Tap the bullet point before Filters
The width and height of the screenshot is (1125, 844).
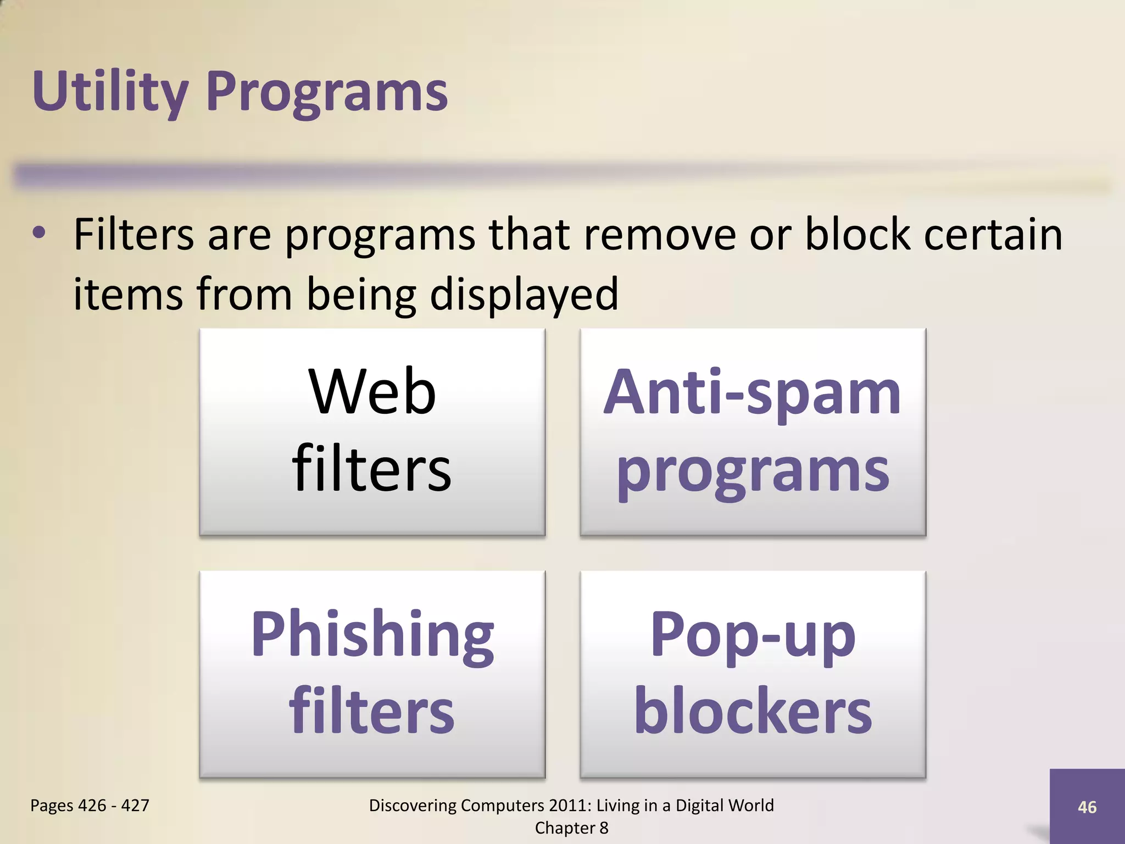39,234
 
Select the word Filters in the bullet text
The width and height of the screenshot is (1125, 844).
133,235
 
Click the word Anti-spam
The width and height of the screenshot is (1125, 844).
752,392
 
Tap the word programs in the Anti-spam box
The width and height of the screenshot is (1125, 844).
752,473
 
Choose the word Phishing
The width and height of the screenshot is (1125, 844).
372,636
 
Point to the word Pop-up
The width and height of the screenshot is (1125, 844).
752,636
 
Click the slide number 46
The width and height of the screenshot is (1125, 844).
1087,807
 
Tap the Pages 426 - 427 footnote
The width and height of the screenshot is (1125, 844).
90,806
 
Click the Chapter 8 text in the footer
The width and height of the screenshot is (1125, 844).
571,828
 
